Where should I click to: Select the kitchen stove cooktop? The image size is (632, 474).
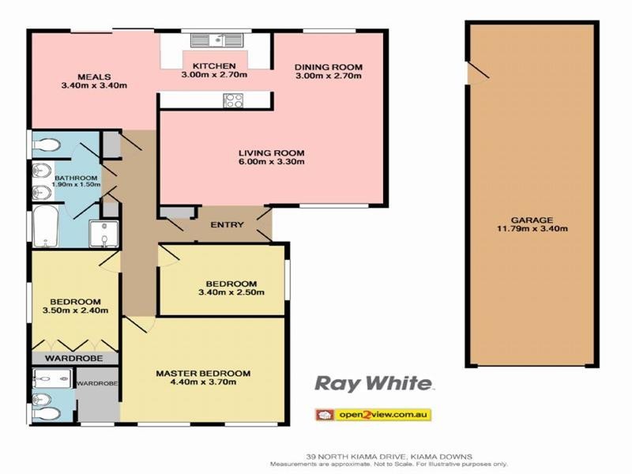pyautogui.click(x=234, y=100)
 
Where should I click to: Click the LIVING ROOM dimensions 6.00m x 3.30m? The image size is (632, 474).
pyautogui.click(x=273, y=162)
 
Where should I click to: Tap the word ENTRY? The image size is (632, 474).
pyautogui.click(x=227, y=225)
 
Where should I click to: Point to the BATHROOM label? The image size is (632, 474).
pyautogui.click(x=76, y=178)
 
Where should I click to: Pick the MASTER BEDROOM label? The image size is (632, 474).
pyautogui.click(x=203, y=374)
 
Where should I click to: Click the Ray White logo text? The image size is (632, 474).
pyautogui.click(x=374, y=384)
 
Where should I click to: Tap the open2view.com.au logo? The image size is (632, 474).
pyautogui.click(x=373, y=414)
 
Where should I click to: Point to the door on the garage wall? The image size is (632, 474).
pyautogui.click(x=476, y=73)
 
